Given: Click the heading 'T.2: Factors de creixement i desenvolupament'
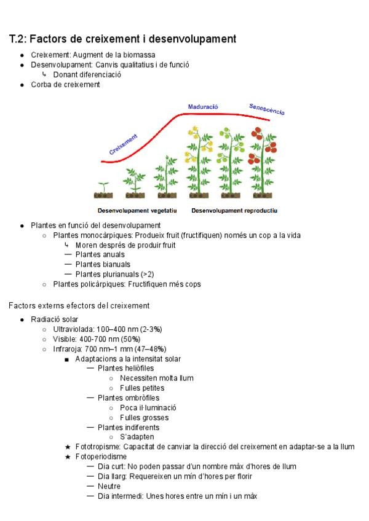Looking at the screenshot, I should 122,39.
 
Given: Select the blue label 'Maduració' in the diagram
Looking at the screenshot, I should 203,106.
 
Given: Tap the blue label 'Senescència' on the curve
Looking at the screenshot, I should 266,109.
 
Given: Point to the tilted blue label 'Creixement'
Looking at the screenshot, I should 124,145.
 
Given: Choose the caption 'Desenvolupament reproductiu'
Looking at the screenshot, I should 234,211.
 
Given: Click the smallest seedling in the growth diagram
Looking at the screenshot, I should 103,187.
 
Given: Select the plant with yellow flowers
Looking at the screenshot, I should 200,161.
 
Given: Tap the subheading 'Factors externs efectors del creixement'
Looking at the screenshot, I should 79,305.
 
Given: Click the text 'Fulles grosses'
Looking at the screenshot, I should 144,417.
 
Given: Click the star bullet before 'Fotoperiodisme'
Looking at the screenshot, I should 68,456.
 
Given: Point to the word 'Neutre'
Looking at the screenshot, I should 109,486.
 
